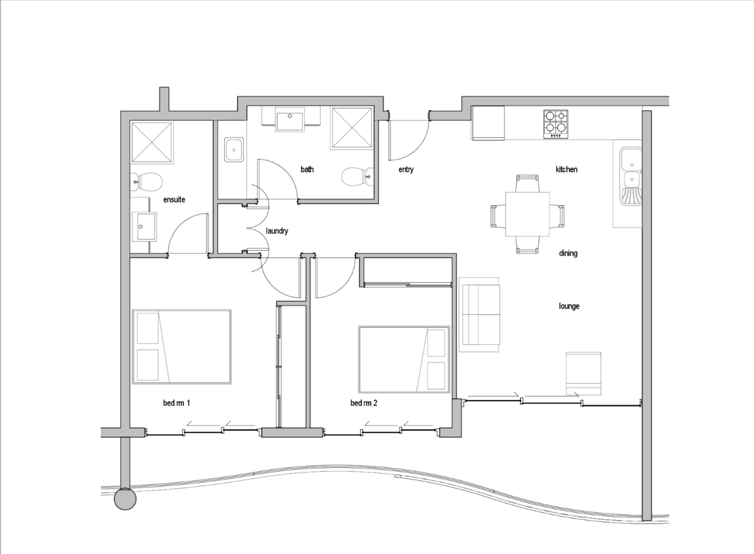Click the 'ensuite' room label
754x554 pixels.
pyautogui.click(x=174, y=200)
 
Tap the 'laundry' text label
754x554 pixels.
pyautogui.click(x=277, y=231)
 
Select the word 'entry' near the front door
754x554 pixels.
pyautogui.click(x=406, y=170)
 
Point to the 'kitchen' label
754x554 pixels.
pyautogui.click(x=566, y=169)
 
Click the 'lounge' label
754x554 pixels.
pyautogui.click(x=569, y=306)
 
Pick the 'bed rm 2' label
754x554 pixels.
pyautogui.click(x=363, y=403)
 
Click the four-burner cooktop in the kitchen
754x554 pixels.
pyautogui.click(x=556, y=124)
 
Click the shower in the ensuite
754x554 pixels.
pyautogui.click(x=151, y=142)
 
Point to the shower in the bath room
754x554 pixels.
pyautogui.click(x=352, y=128)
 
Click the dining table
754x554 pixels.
pyautogui.click(x=527, y=214)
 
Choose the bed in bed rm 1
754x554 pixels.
pyautogui.click(x=182, y=347)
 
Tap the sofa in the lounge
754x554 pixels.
pyautogui.click(x=480, y=314)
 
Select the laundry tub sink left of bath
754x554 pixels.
pyautogui.click(x=234, y=150)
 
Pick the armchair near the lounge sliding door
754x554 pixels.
pyautogui.click(x=583, y=373)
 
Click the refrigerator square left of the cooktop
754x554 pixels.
pyautogui.click(x=488, y=123)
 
